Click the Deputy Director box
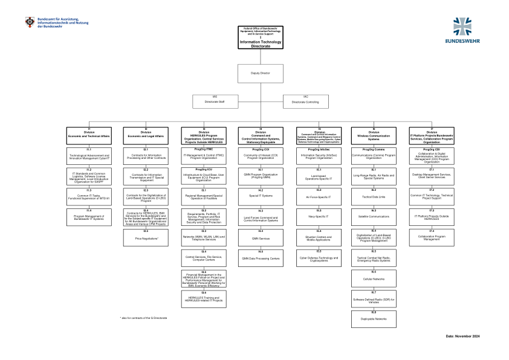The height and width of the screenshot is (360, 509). [261, 72]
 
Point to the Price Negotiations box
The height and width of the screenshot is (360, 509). [145, 237]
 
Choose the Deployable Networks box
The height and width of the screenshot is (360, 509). [374, 318]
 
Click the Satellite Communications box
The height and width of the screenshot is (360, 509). [374, 216]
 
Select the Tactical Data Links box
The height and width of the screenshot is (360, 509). [374, 196]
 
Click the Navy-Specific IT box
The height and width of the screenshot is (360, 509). [319, 216]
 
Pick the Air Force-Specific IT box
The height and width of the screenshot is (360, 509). [319, 196]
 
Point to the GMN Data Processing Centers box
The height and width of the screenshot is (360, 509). [261, 258]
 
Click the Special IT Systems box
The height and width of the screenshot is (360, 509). [261, 196]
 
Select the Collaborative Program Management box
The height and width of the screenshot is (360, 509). [431, 237]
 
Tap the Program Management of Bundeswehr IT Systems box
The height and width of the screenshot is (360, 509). [88, 217]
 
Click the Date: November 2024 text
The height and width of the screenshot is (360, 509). [462, 335]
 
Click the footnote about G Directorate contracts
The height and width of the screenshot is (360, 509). [143, 317]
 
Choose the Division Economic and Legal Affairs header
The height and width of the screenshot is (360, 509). [145, 134]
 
